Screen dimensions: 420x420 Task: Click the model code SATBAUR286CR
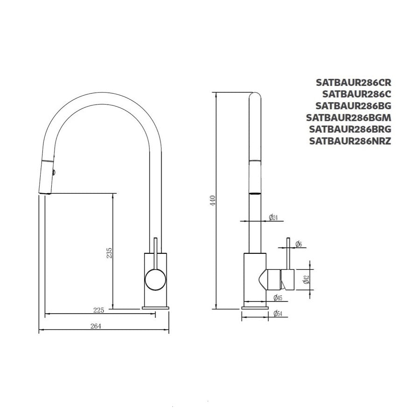354,82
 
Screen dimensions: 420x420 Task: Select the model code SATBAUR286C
357,94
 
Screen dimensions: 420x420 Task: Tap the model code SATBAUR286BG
354,106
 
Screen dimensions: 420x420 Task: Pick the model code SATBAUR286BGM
349,117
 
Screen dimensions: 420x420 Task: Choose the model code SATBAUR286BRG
350,129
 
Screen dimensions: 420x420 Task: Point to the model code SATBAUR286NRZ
350,141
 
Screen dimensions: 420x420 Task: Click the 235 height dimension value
109,253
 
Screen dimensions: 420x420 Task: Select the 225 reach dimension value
98,310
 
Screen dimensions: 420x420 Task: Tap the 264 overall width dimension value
96,326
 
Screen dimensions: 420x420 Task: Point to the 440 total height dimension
213,201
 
